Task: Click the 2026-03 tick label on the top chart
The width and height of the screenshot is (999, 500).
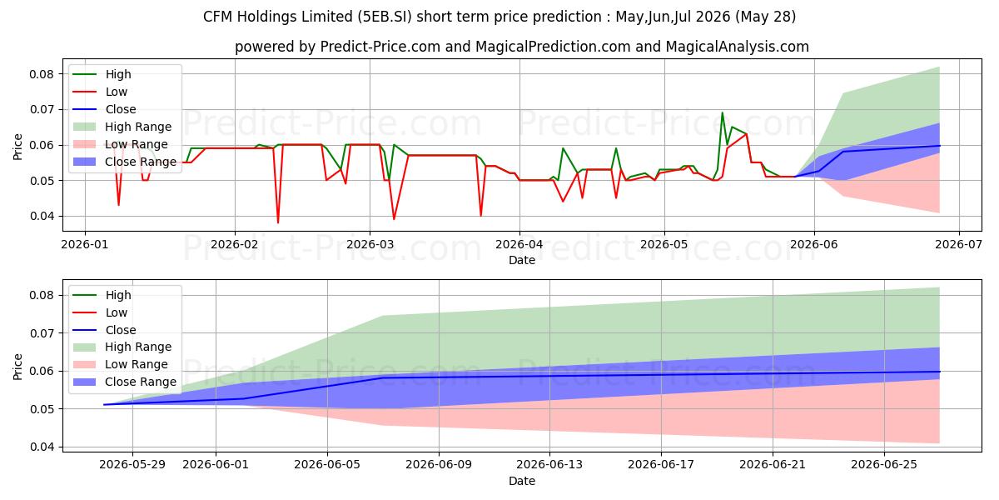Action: (370, 245)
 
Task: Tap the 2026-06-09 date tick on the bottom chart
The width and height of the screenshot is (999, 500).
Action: (439, 465)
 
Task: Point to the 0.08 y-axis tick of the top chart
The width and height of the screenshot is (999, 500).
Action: (42, 74)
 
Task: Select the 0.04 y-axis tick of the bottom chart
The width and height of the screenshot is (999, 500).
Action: (42, 447)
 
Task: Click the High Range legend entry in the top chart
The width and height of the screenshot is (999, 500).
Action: (122, 127)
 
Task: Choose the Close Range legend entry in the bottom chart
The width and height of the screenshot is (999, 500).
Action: (124, 382)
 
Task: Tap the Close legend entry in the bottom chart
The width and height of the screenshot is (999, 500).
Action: (104, 330)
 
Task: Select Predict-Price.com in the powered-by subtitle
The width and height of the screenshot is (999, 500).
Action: (380, 47)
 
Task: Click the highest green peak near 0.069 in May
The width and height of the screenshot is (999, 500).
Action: (722, 112)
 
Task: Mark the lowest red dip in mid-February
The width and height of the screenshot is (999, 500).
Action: (278, 222)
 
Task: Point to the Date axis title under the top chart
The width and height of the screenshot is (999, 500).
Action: (522, 260)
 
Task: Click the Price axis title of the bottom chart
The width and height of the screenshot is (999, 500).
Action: (17, 367)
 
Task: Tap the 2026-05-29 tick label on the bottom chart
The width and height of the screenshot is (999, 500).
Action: (132, 465)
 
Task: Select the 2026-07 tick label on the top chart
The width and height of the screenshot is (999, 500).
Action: (959, 245)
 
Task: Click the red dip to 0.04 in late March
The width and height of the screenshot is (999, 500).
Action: (481, 216)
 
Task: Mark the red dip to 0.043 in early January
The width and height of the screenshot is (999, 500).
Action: (118, 205)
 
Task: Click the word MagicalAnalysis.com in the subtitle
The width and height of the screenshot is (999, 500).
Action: (738, 47)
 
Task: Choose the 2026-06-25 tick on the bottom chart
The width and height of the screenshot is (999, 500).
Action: (884, 465)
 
